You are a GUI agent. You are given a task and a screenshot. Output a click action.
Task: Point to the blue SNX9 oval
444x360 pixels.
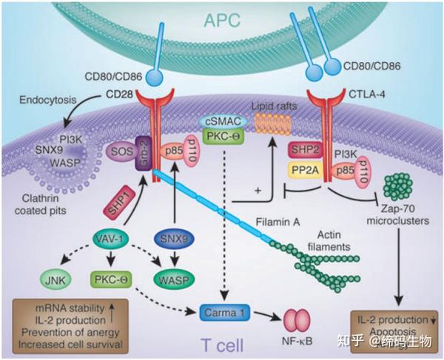[x=174, y=240]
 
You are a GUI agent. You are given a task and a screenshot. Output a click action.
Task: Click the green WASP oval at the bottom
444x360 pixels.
[x=174, y=280]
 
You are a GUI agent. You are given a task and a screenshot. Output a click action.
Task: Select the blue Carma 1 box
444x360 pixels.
[x=225, y=313]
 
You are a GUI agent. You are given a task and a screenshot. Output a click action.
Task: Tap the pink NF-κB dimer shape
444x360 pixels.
[x=297, y=320]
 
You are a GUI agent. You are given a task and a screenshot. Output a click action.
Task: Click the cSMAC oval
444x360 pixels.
[x=223, y=122]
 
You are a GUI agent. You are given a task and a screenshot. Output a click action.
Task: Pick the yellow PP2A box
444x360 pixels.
[x=305, y=171]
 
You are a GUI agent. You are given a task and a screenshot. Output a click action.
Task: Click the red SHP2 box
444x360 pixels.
[x=305, y=150]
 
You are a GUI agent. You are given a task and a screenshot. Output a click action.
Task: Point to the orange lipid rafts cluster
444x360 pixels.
[x=273, y=123]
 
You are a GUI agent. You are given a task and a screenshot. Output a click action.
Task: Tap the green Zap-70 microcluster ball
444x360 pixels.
[x=398, y=187]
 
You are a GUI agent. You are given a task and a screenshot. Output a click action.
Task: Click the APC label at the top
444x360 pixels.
[x=222, y=21]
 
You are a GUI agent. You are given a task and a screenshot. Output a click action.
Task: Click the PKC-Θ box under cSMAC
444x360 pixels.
[x=223, y=137]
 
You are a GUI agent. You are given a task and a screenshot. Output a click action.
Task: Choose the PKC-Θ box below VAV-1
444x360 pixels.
[x=111, y=280]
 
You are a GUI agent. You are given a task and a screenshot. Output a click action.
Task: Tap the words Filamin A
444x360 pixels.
[x=277, y=223]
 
